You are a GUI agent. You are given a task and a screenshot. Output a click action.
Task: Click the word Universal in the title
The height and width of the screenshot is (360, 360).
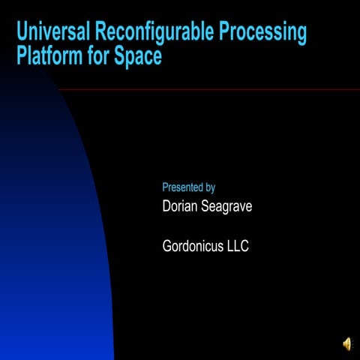(x=50, y=33)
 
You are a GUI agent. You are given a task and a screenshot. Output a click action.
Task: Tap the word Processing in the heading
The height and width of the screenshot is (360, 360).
(x=264, y=33)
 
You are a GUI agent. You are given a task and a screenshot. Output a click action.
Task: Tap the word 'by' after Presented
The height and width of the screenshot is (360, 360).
(x=210, y=188)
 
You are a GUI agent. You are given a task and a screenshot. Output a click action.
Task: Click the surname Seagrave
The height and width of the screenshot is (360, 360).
(x=227, y=207)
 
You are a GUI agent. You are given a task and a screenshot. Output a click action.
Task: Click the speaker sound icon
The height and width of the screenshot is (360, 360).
(x=347, y=343)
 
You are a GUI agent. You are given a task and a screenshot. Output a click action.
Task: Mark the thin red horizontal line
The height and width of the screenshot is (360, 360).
(x=225, y=89)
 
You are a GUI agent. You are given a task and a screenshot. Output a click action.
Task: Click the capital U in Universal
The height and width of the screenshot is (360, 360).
(x=22, y=33)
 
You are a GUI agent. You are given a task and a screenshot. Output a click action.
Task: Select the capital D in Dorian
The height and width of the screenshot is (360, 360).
(x=167, y=206)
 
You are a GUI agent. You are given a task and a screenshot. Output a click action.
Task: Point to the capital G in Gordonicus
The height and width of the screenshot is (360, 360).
(x=168, y=245)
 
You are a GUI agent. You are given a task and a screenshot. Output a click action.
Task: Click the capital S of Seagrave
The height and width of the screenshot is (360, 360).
(x=206, y=206)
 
